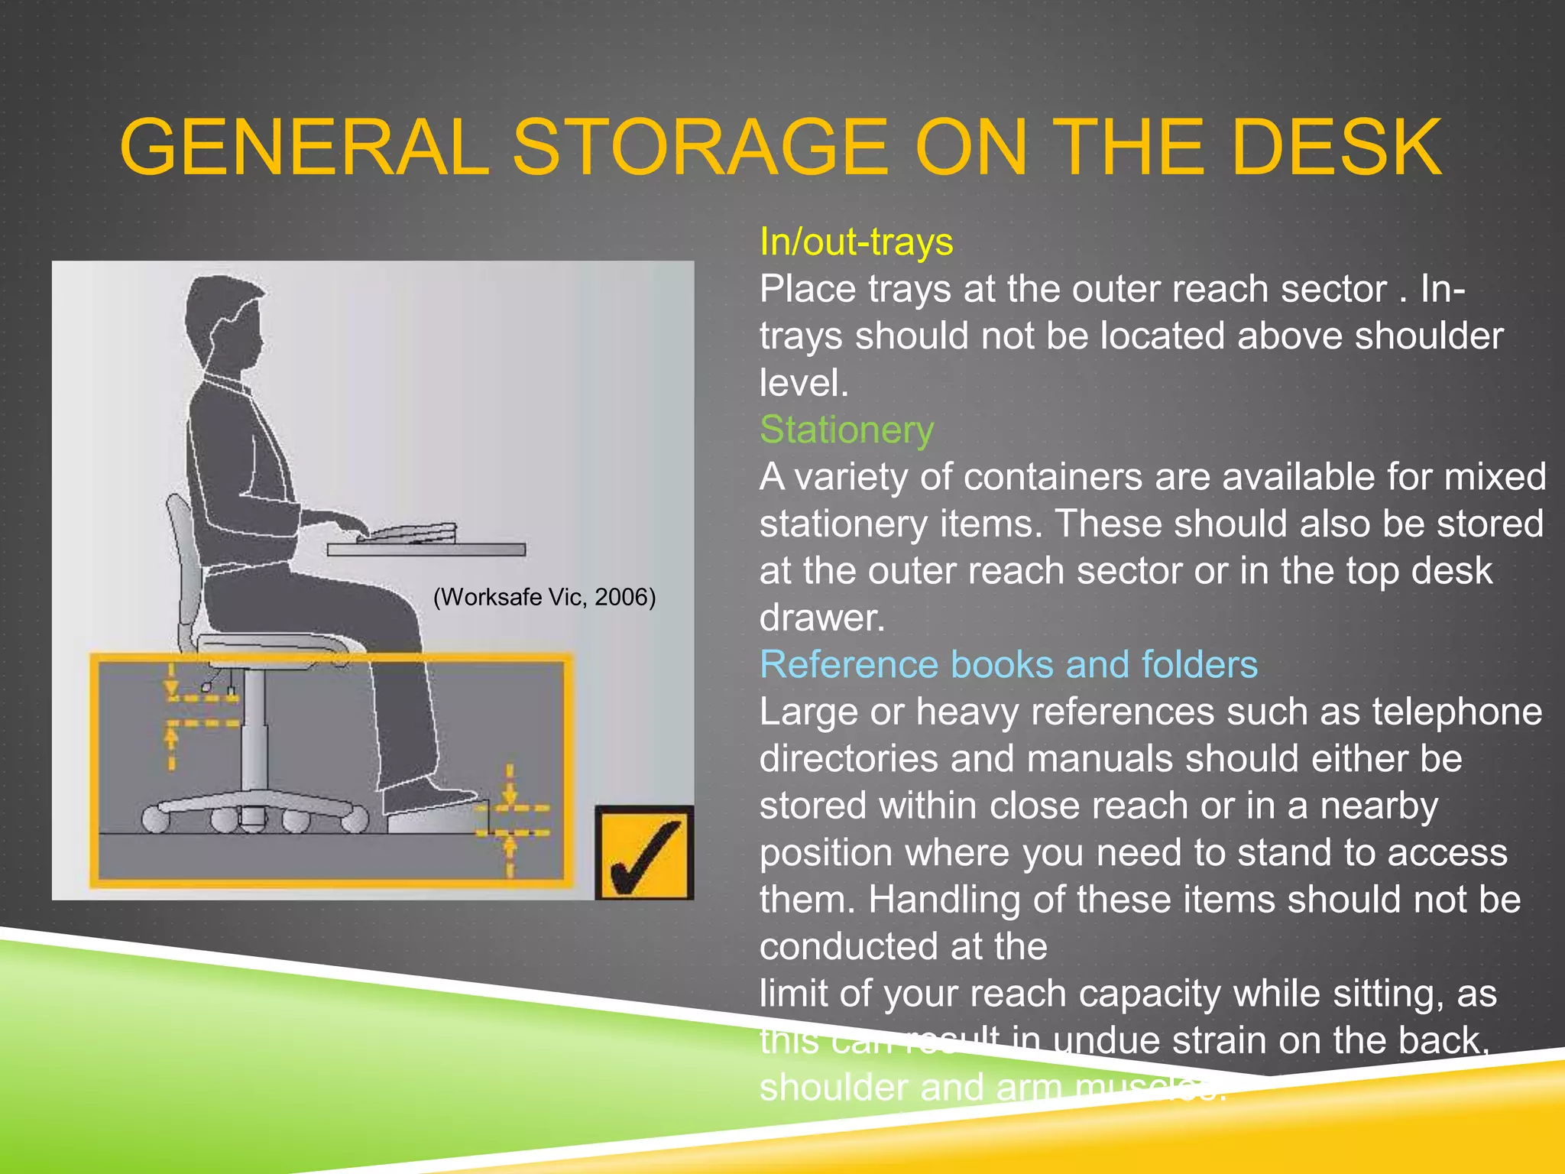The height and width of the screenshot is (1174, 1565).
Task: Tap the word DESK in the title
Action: pos(1337,147)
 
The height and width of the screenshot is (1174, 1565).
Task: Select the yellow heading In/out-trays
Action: pos(856,242)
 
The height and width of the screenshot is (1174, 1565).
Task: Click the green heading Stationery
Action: pos(847,430)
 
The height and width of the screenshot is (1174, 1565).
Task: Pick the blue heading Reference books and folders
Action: pos(1009,664)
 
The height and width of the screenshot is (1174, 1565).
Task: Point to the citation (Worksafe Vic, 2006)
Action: pos(544,597)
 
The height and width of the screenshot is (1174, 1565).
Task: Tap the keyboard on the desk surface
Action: pos(409,532)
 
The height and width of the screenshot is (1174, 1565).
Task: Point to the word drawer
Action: pos(822,618)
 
